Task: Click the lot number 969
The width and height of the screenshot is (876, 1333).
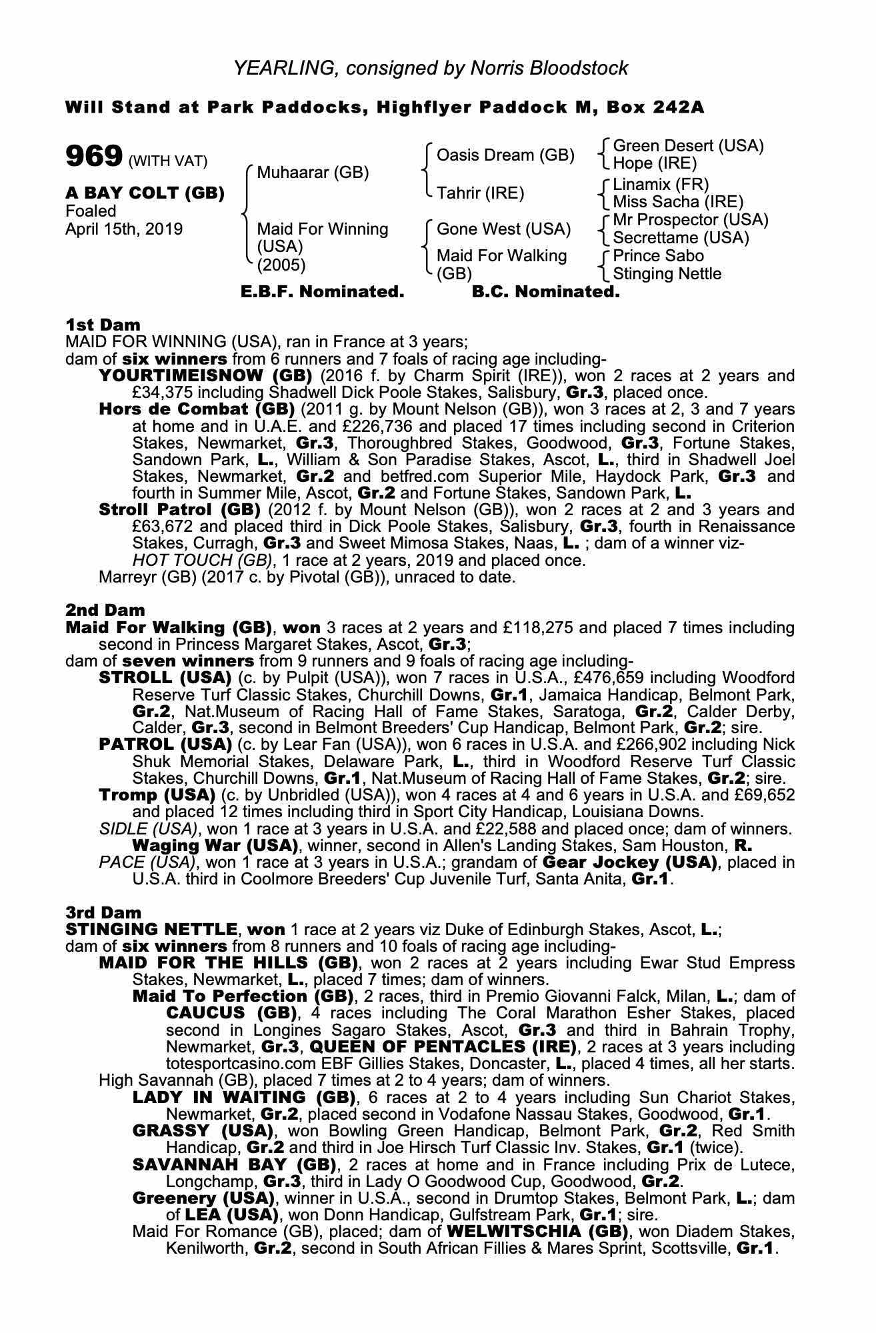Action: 93,157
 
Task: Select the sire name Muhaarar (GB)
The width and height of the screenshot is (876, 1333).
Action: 313,173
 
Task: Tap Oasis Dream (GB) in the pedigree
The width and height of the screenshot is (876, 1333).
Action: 505,155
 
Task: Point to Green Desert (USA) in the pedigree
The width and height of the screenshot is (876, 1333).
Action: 688,146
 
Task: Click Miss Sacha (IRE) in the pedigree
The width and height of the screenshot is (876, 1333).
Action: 677,201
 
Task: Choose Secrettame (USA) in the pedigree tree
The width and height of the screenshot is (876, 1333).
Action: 681,238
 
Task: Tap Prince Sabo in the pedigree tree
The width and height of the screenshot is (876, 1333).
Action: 658,256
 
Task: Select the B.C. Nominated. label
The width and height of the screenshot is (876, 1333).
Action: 545,292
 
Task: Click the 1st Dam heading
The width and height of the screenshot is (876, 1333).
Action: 103,325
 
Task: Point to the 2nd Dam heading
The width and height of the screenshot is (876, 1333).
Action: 105,610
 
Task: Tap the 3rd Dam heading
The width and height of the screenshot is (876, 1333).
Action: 103,912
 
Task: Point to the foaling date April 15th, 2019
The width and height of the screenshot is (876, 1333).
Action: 124,229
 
